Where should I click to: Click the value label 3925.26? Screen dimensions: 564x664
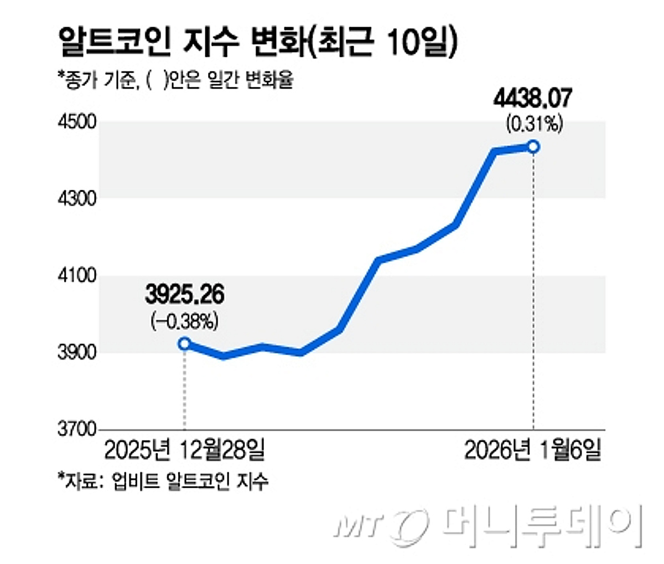coord(184,295)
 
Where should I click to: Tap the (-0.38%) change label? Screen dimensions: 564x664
coord(184,321)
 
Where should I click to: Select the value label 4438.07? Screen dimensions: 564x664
coord(533,100)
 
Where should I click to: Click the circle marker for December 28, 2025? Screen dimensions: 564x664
coord(184,343)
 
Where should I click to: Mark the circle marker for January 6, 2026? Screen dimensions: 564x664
coord(533,147)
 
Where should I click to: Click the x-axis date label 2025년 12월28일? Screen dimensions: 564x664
coord(184,450)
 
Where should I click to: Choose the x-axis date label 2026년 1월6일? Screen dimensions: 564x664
coord(532,450)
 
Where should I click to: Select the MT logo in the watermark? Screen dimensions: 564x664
coord(382,524)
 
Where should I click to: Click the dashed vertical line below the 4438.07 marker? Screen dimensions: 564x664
coord(533,288)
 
